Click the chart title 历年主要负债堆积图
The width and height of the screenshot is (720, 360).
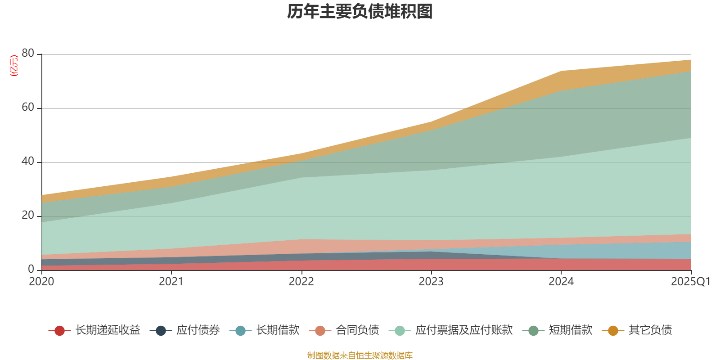pyautogui.click(x=360, y=12)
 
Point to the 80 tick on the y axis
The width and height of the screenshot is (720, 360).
pyautogui.click(x=28, y=54)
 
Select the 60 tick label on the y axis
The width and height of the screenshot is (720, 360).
pyautogui.click(x=28, y=108)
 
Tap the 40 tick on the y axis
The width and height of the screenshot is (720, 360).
pyautogui.click(x=28, y=162)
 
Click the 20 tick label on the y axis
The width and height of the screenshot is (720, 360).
pyautogui.click(x=28, y=216)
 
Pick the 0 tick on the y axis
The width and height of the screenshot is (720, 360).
pyautogui.click(x=31, y=270)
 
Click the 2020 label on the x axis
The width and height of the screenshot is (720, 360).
pyautogui.click(x=41, y=282)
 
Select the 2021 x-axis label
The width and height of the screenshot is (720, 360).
pyautogui.click(x=171, y=282)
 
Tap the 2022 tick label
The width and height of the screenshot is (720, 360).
pyautogui.click(x=301, y=282)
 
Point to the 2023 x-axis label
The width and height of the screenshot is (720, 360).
pyautogui.click(x=431, y=282)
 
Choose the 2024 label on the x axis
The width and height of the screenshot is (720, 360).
pyautogui.click(x=561, y=282)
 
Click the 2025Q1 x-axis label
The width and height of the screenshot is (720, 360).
pyautogui.click(x=690, y=282)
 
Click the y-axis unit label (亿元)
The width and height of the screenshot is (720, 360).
pyautogui.click(x=14, y=66)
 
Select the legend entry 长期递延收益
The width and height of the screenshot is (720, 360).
pyautogui.click(x=95, y=330)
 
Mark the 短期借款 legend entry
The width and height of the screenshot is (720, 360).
pyautogui.click(x=558, y=330)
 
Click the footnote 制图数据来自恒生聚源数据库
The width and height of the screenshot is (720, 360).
pyautogui.click(x=360, y=355)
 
